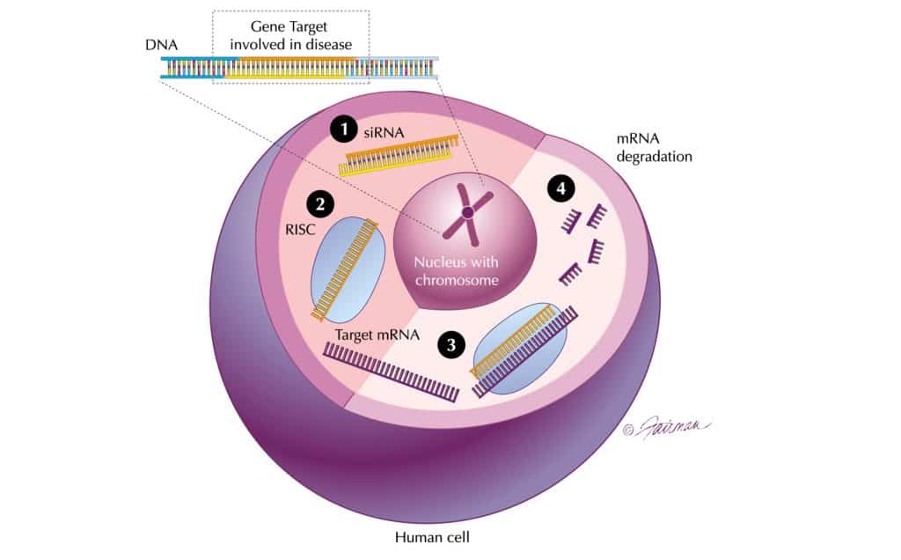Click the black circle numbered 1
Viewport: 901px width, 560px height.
point(343,129)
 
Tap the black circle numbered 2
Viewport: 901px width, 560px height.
point(319,204)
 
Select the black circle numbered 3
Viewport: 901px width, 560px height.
point(451,345)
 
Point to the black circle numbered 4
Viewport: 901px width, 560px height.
point(560,188)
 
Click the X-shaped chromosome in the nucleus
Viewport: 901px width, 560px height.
point(467,212)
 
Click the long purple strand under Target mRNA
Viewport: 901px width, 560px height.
point(391,370)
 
